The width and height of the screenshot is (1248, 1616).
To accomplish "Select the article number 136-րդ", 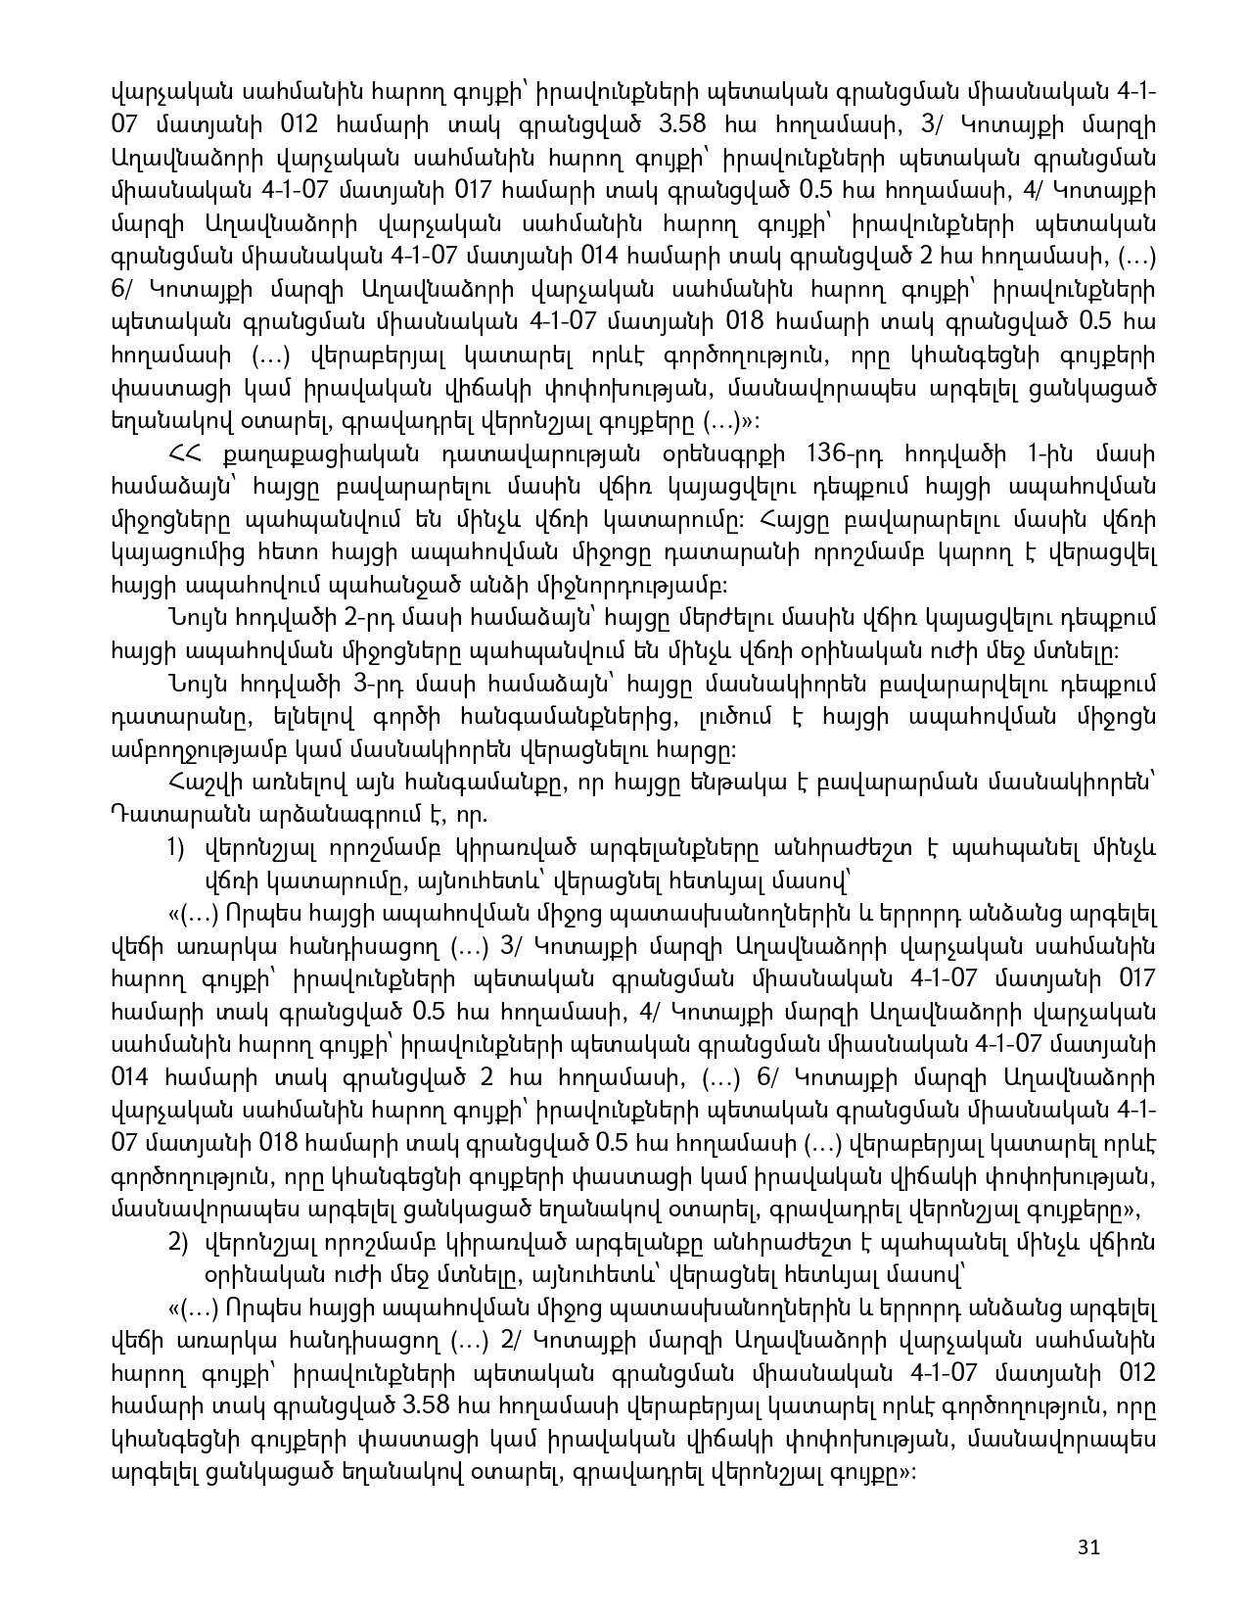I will pos(843,454).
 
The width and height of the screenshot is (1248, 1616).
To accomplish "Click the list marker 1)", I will pos(178,847).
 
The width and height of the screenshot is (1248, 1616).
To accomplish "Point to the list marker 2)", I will pos(178,1243).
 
